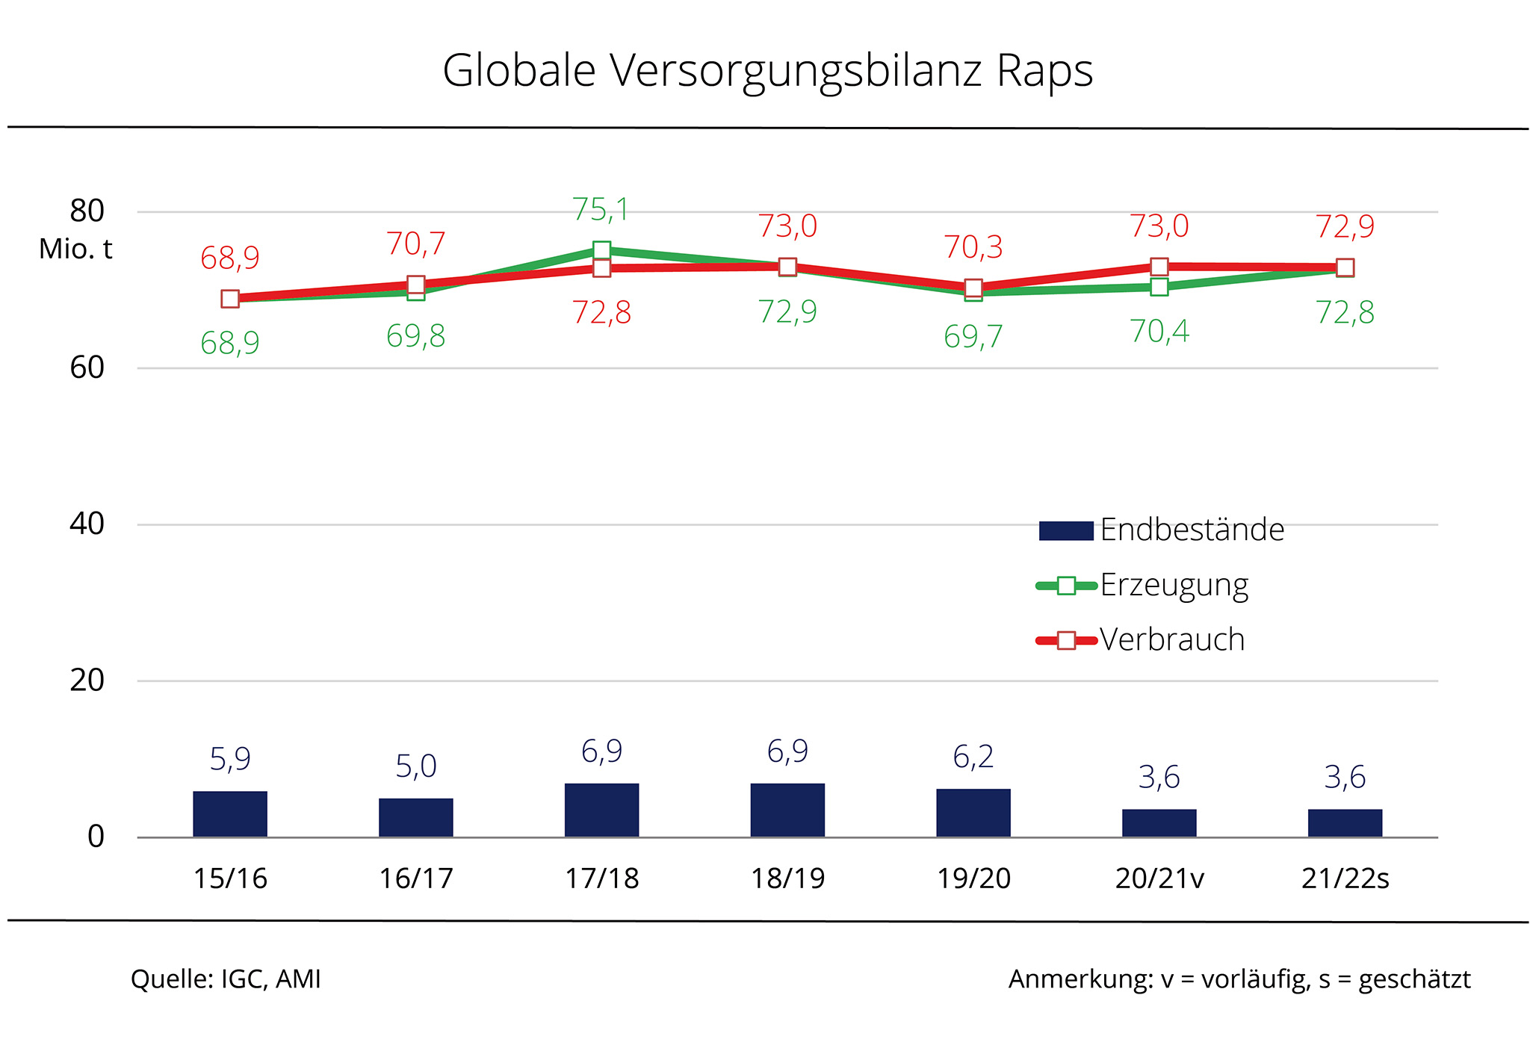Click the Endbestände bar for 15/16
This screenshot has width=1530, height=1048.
point(230,813)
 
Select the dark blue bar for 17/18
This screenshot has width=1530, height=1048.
point(601,810)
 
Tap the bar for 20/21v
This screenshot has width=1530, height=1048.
point(1159,822)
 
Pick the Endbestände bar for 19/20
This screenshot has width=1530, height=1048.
point(973,813)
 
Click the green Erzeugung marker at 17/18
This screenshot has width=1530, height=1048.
point(601,249)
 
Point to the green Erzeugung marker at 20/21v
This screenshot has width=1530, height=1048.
point(1159,287)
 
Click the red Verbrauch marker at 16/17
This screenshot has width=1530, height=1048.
point(416,285)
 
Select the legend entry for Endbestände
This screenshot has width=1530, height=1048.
point(1162,530)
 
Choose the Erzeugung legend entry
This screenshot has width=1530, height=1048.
point(1143,585)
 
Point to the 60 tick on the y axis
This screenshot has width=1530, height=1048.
point(87,368)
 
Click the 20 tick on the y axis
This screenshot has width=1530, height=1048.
point(87,680)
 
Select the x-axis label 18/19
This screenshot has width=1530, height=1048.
point(787,878)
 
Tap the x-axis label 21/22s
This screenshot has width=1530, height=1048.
point(1345,878)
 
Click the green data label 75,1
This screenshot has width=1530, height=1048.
point(601,210)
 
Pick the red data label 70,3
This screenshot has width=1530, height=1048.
point(973,247)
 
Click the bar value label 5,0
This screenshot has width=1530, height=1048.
point(416,766)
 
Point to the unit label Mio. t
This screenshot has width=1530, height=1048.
point(75,249)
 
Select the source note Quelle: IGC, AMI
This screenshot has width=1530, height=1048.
point(226,979)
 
